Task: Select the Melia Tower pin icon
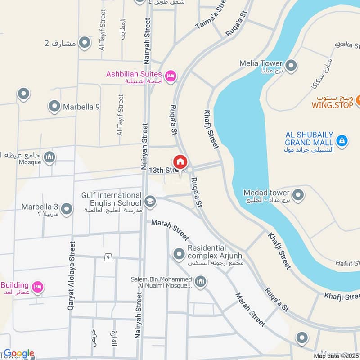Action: (x=291, y=65)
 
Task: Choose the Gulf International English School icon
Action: (x=150, y=201)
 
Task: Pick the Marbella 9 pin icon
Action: (x=54, y=107)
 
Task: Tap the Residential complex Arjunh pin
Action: (x=179, y=254)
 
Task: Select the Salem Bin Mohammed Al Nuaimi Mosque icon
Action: (x=200, y=282)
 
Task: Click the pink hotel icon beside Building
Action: (x=38, y=287)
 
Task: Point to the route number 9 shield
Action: (x=108, y=257)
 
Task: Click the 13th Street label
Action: (x=166, y=170)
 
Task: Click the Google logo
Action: (x=19, y=354)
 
